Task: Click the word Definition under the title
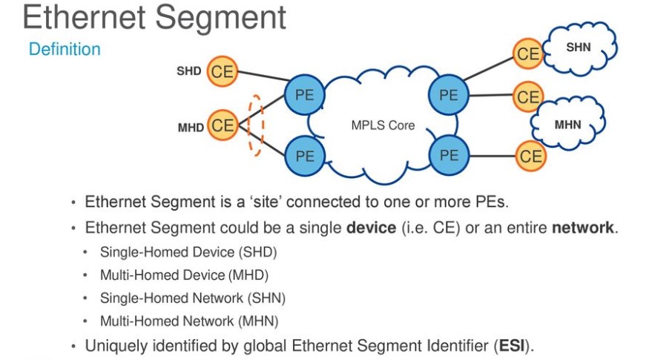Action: point(65,50)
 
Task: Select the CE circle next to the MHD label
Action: point(222,126)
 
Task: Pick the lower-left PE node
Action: point(305,156)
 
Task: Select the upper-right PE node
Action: point(448,95)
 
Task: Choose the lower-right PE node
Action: point(449,154)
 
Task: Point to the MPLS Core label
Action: point(383,125)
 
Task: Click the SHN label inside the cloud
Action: point(579,47)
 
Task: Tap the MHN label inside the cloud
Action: point(568,124)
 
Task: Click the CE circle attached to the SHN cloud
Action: point(528,53)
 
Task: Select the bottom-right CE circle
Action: point(530,156)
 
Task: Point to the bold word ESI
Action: point(510,345)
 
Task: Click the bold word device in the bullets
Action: point(371,227)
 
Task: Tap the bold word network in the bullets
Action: point(583,227)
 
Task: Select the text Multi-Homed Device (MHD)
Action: point(184,275)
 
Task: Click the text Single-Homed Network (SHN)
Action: point(193,298)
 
